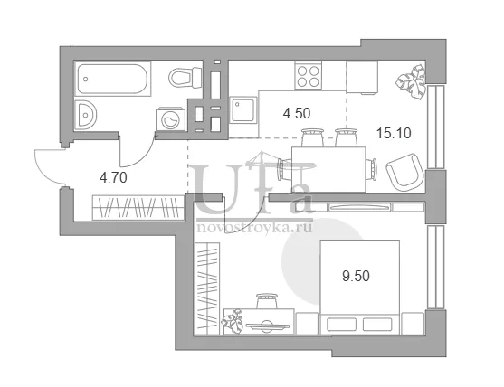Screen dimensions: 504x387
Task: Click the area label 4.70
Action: point(113,177)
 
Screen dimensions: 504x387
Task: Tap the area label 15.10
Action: point(394,133)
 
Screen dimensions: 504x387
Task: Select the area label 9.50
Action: point(356,276)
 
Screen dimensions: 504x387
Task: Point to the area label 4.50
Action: point(297,113)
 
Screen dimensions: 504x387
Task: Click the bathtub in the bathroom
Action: point(113,79)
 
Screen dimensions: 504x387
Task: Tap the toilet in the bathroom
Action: point(185,77)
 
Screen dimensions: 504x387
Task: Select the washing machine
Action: point(171,118)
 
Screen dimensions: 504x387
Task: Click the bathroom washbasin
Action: point(85,114)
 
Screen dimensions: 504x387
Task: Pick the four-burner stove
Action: point(308,75)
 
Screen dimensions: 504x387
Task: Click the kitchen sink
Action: point(243,109)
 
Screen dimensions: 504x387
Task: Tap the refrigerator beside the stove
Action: point(362,78)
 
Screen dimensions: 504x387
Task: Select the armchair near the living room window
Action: point(404,171)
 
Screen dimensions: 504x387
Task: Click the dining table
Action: point(328,169)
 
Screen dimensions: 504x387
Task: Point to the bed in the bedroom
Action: point(360,288)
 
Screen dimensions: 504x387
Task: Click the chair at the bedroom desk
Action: point(267,301)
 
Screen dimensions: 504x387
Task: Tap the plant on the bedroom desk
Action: point(232,321)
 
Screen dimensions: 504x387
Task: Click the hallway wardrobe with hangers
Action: point(138,207)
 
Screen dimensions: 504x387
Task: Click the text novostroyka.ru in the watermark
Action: point(254,228)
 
